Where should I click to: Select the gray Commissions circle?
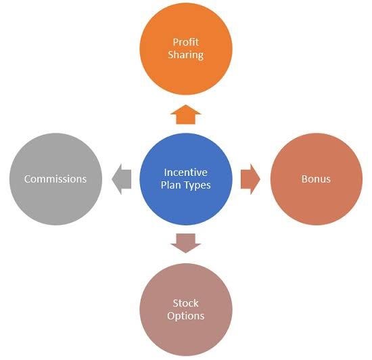point(55,179)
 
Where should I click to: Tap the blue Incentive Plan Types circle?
point(186,179)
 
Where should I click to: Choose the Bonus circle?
point(317,179)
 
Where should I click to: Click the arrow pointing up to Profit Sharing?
point(186,114)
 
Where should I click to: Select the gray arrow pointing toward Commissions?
point(122,179)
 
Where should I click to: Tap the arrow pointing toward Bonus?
point(250,179)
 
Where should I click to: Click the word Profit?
point(186,41)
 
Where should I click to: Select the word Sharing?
point(186,54)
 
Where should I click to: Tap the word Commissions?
point(55,179)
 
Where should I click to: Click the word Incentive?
point(186,173)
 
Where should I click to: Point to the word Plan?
point(172,185)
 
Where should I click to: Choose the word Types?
point(198,185)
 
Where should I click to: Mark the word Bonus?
point(317,179)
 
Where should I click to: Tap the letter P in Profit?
point(175,41)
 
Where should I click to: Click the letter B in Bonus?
point(304,179)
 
